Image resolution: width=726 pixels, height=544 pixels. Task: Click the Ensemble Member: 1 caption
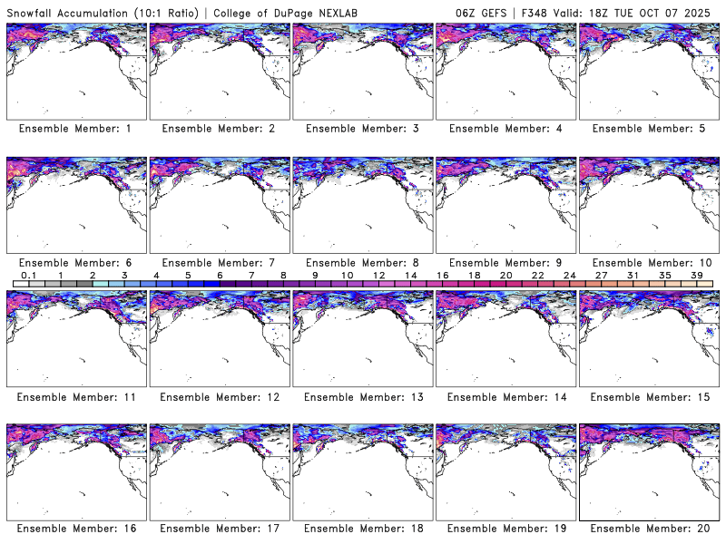point(74,129)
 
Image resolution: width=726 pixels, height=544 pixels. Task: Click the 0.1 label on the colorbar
point(28,275)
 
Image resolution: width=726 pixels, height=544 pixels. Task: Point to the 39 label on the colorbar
point(697,275)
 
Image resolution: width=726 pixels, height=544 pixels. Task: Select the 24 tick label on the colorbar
point(569,275)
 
